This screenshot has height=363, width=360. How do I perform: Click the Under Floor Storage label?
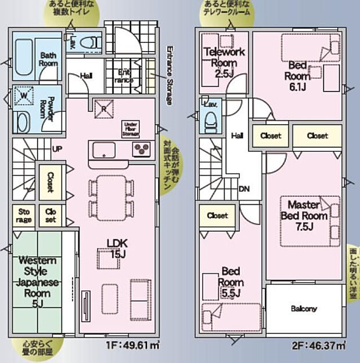coord(129,129)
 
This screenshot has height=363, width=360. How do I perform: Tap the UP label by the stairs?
coord(57,148)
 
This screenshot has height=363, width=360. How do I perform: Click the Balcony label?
coord(304,308)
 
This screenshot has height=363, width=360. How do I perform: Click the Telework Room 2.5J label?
coord(225,63)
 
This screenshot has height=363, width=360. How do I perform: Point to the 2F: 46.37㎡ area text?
coord(319,346)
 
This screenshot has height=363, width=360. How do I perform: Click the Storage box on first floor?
coord(24,216)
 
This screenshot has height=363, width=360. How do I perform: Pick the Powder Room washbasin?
coord(23,122)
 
